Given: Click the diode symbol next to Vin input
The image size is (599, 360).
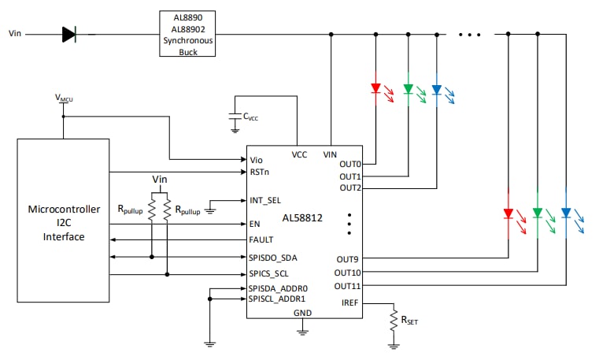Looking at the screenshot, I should tap(68, 34).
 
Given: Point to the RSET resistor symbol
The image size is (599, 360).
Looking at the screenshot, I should tap(393, 319).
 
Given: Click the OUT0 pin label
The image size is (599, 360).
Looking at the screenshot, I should tap(350, 164).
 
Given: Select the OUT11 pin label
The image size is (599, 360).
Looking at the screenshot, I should tap(348, 285).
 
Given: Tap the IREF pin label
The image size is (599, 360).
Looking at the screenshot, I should tap(350, 302).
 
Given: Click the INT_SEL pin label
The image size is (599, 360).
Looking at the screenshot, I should tap(264, 200).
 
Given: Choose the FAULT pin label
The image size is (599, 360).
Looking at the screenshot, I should tap(261, 239).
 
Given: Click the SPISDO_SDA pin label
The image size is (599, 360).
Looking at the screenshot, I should tap(272, 257).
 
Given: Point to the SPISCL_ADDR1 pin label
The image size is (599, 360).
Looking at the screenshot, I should tap(278, 299).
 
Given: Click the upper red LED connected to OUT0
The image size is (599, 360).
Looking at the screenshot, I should tap(375, 88).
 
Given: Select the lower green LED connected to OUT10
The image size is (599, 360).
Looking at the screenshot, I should tap(537, 213).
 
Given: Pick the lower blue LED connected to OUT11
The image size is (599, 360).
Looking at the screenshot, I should tap(565, 213).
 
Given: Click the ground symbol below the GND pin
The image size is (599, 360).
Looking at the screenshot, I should tap(302, 332).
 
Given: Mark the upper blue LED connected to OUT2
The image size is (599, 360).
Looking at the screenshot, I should tap(436, 88).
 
